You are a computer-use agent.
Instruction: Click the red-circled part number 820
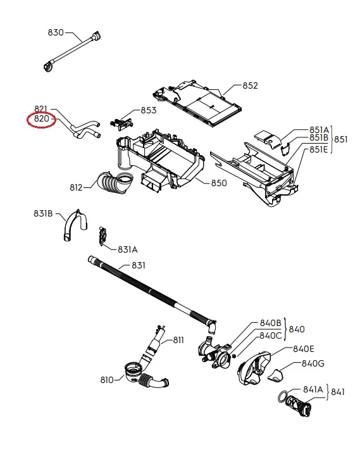[41, 118]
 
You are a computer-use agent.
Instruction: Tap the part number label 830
[56, 32]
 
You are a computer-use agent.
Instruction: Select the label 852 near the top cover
[251, 85]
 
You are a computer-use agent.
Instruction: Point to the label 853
[148, 110]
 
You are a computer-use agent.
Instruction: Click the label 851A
[319, 130]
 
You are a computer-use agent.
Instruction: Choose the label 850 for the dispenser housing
[219, 183]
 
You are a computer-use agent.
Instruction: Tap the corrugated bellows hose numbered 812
[115, 184]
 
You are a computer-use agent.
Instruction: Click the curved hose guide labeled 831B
[75, 225]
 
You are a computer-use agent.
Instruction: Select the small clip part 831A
[102, 236]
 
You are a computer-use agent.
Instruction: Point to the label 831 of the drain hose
[138, 265]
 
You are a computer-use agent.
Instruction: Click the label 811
[178, 341]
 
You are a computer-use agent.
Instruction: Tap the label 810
[107, 380]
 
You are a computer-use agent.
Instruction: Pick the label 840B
[270, 323]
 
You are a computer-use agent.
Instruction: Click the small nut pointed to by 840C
[233, 356]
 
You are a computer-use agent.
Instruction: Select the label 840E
[304, 349]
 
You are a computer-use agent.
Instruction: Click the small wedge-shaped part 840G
[276, 375]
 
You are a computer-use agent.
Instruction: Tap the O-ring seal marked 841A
[283, 396]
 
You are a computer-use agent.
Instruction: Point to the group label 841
[337, 392]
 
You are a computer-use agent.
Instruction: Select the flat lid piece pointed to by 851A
[267, 139]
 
